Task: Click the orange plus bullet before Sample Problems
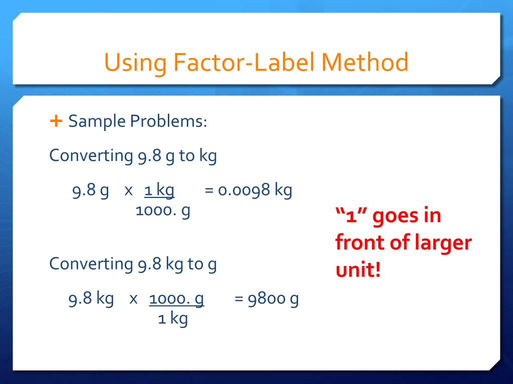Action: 56,120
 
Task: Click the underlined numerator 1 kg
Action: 159,190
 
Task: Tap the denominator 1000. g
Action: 163,210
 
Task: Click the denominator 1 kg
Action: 172,318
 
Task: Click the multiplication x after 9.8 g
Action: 128,191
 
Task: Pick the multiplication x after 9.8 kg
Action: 133,299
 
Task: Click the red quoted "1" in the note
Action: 350,217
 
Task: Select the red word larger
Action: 444,243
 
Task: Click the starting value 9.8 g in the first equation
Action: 90,191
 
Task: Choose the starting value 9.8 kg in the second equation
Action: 91,299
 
